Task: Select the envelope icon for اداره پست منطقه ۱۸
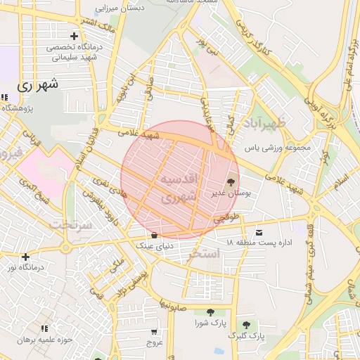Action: click(261, 233)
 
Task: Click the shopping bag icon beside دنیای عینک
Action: click(154, 234)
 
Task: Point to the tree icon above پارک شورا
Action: click(210, 312)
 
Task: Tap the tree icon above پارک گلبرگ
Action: click(246, 325)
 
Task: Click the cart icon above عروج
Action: click(154, 331)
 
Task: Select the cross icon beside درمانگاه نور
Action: click(26, 257)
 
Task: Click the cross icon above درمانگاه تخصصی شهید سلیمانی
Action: click(74, 36)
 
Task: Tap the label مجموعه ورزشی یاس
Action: click(277, 148)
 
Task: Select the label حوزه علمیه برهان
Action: click(46, 340)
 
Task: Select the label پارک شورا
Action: click(210, 323)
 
